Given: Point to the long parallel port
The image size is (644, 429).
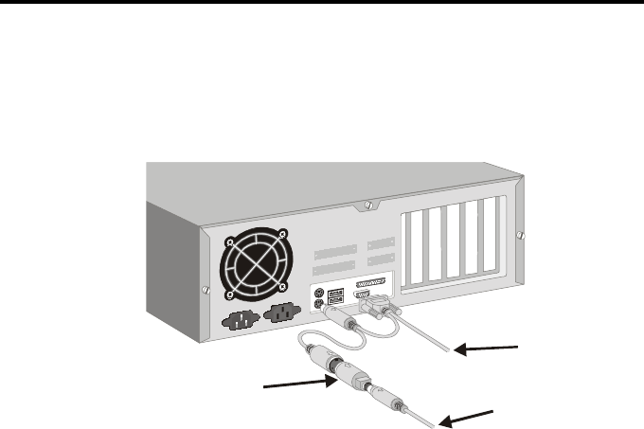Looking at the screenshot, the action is click(x=371, y=285).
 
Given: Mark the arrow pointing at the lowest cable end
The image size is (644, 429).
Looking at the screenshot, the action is click(x=468, y=418).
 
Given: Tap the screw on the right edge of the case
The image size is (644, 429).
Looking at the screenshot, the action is click(x=520, y=234).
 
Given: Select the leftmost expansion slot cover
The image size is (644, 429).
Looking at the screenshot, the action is click(x=415, y=249).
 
